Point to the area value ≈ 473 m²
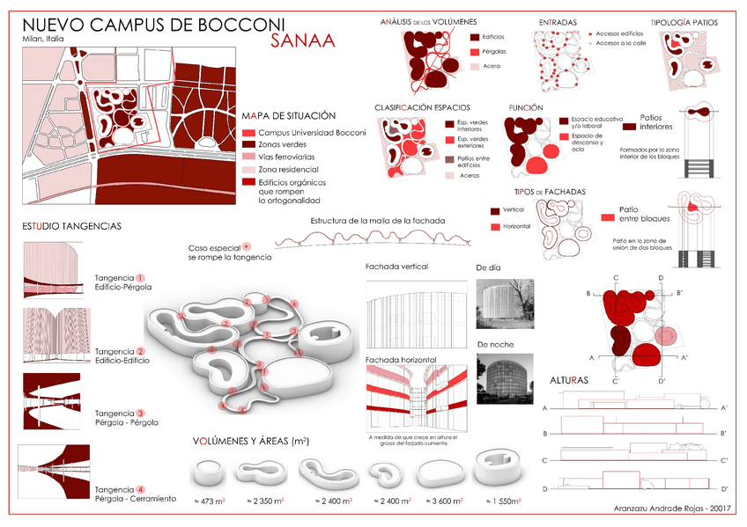[x=210, y=501]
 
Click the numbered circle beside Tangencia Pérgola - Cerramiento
[x=140, y=489]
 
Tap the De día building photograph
[x=506, y=304]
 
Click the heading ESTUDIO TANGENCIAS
[x=71, y=226]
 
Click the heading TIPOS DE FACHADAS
[x=550, y=192]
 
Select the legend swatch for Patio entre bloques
[x=607, y=217]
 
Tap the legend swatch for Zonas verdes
[x=248, y=144]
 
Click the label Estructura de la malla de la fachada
[x=378, y=220]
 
